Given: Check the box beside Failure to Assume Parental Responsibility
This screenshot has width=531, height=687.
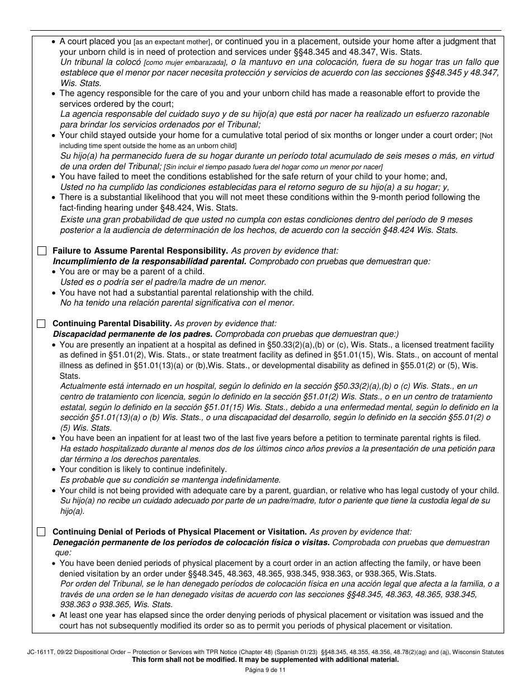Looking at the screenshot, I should [41, 251].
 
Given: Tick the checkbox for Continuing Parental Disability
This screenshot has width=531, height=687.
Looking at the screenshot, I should [41, 323].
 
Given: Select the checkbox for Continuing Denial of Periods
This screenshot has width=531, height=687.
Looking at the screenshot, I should [41, 532].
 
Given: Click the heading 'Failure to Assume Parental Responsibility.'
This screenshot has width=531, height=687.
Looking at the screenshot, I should [140, 251].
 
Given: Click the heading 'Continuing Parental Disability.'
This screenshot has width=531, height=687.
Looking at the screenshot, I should [112, 323].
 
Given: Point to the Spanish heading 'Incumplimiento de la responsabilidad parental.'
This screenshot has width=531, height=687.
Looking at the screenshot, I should [149, 261].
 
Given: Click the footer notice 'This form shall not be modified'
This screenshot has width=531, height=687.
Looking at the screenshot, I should [265, 659].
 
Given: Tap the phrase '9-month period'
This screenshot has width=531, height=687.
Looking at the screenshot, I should [397, 197].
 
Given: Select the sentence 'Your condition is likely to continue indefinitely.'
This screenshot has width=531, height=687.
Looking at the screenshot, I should [143, 469].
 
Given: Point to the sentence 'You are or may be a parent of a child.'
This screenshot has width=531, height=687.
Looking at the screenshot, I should [132, 271].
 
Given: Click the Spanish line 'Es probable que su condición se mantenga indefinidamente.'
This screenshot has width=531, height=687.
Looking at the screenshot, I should [170, 480].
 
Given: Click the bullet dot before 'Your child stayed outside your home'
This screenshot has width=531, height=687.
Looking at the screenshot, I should [54, 135].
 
